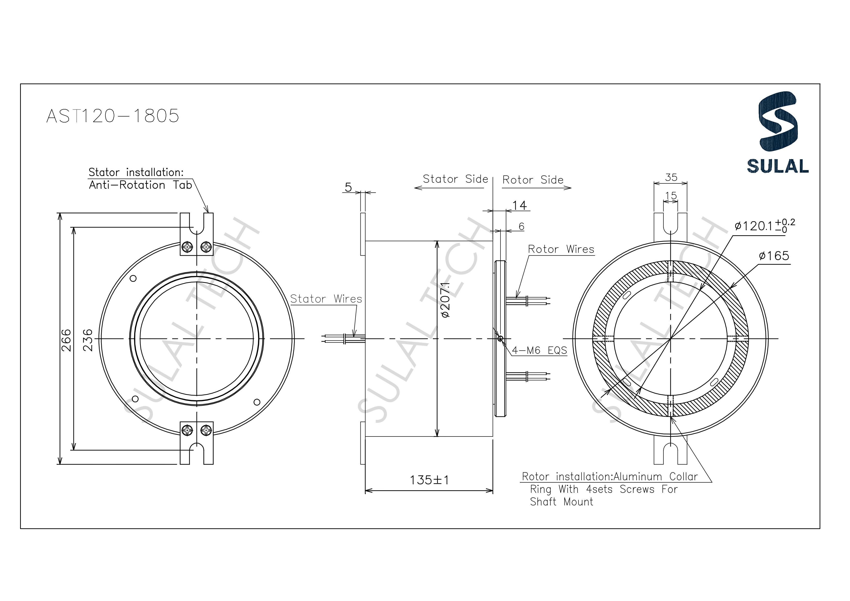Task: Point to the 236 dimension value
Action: [x=87, y=340]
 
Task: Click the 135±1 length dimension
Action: [x=429, y=480]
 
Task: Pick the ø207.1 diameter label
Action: [x=445, y=300]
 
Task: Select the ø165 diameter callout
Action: [x=773, y=256]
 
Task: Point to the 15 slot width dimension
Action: [x=671, y=195]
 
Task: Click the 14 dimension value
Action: [x=519, y=205]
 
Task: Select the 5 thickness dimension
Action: [x=348, y=187]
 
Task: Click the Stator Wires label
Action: [x=326, y=299]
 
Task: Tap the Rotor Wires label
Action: [x=561, y=249]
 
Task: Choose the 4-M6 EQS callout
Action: [x=539, y=350]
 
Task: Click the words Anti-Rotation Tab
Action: [x=140, y=185]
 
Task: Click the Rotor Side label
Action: [x=532, y=180]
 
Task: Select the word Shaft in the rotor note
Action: [x=543, y=502]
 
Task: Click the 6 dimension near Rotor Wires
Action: [x=521, y=226]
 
